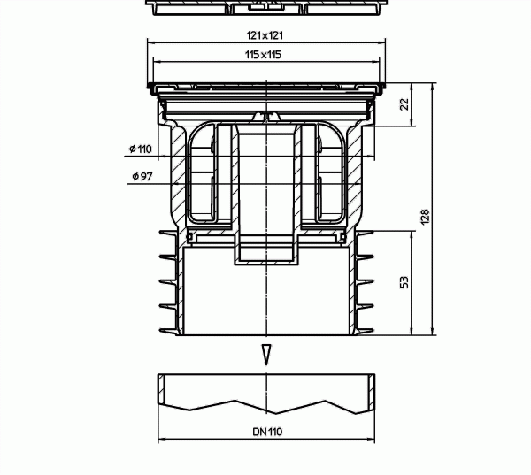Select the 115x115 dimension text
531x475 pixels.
265,55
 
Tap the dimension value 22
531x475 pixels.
404,103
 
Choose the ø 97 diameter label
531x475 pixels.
142,176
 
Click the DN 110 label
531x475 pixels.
265,433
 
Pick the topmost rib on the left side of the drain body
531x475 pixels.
167,236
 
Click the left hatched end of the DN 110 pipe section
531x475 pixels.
163,388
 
